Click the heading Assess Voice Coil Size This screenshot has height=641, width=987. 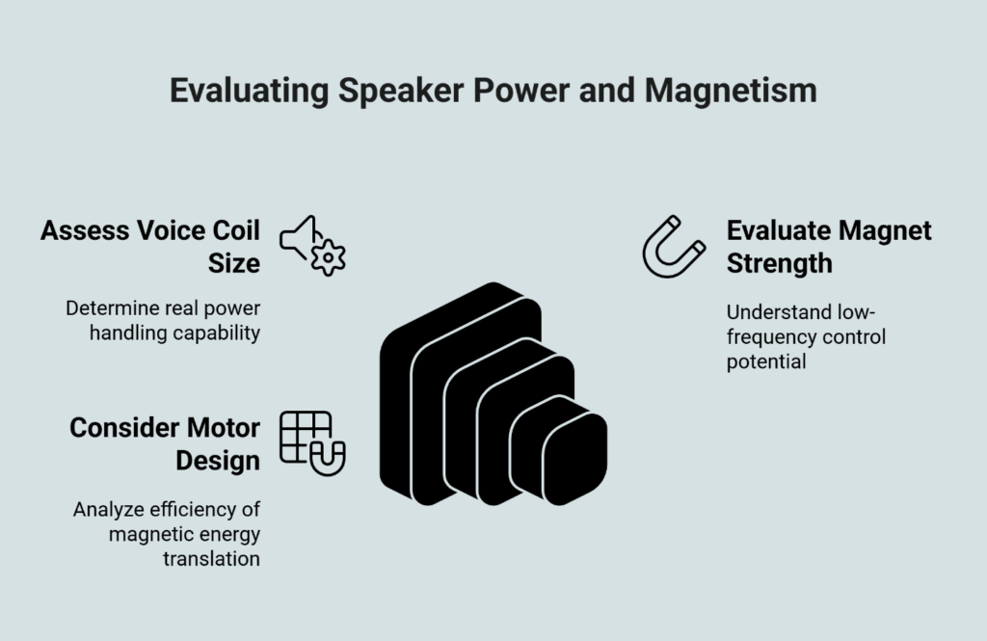pyautogui.click(x=150, y=247)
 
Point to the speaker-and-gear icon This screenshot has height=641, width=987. pyautogui.click(x=312, y=245)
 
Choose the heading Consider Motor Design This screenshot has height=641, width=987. pyautogui.click(x=165, y=443)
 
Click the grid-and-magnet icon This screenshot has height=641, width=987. pyautogui.click(x=311, y=443)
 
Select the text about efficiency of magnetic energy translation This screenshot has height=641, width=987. pyautogui.click(x=166, y=533)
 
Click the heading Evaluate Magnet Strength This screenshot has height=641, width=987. pyautogui.click(x=828, y=247)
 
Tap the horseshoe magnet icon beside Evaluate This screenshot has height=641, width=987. pyautogui.click(x=675, y=247)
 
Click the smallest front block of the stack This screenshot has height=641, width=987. pyautogui.click(x=574, y=458)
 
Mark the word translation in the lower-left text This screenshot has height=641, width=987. pyautogui.click(x=213, y=558)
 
